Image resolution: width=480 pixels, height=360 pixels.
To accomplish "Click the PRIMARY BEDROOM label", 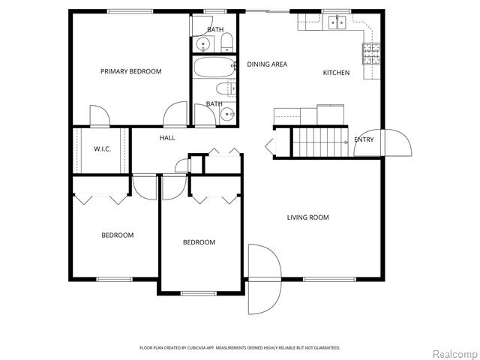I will pos(131,72).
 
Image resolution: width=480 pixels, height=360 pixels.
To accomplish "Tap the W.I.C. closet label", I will pos(102,149).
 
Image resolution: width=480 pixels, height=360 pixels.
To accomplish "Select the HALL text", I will pos(167,138).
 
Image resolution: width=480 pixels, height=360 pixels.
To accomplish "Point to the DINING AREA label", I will pos(267,64).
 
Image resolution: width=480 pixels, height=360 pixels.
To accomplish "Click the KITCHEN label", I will pos(336,73).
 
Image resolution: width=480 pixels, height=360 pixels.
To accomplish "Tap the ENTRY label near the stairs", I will pos(364,139).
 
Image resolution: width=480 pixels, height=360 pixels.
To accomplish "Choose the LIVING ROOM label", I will pos(308,217).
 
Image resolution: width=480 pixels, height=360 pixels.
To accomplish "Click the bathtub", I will pos(214,68).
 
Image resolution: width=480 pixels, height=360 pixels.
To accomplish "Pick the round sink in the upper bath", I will pos(201,44).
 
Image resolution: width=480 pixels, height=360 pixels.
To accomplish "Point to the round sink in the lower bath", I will pos(226,115).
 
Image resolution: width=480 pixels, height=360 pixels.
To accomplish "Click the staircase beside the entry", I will pos(322,141).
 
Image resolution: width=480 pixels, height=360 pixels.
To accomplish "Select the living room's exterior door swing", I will pos(264,279).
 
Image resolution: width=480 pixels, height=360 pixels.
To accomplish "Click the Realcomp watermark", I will pos(452,353).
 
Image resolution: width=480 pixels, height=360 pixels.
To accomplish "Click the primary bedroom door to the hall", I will pos(175,115).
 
